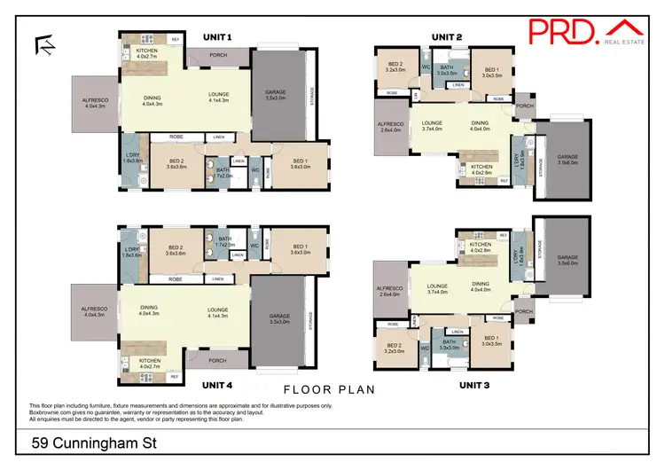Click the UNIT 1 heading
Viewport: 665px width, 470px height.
coord(217,37)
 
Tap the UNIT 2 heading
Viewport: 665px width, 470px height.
coord(447,37)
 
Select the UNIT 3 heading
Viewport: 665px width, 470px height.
coord(475,386)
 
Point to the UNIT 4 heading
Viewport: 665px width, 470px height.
coord(217,385)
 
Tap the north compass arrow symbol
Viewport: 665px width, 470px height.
coord(42,45)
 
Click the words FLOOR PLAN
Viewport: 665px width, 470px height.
coord(330,389)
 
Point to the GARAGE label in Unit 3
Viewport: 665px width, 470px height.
coord(567,261)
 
